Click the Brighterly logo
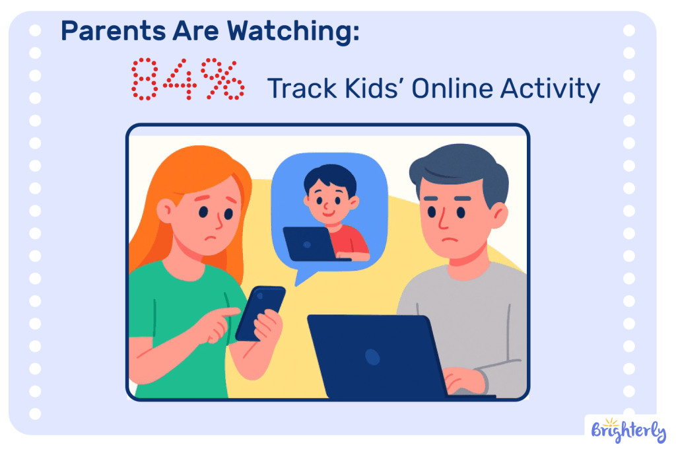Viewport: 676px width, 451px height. (625, 431)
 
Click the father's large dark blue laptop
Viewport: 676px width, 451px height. (374, 357)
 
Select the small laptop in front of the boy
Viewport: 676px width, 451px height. (308, 243)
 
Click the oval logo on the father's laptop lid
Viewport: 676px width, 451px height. (373, 357)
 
